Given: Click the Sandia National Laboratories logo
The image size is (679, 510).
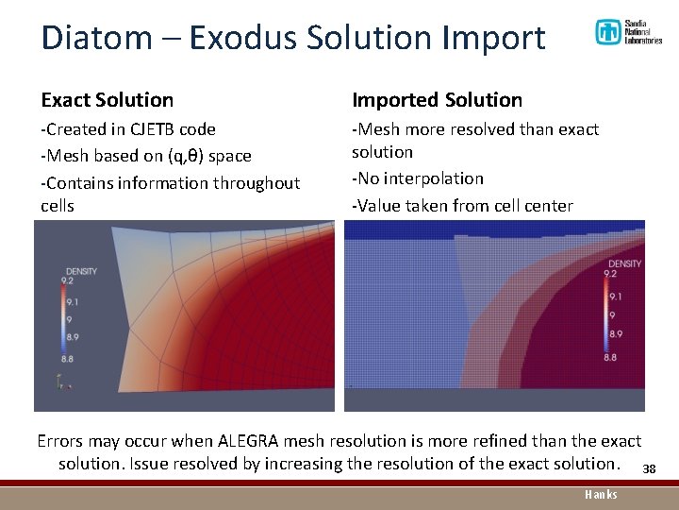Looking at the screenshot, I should coord(628,33).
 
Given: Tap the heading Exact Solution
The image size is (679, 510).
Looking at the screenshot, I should coord(107,100).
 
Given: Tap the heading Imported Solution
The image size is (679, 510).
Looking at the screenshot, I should coord(437,100).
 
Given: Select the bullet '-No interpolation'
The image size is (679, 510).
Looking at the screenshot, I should coord(417,178).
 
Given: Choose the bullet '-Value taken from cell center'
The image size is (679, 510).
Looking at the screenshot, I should coord(461,205).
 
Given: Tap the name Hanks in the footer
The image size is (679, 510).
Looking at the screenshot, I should coord(601,494).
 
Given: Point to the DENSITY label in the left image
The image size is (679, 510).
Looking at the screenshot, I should coord(81,272).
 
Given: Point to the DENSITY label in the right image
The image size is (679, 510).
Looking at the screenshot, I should coord(624,263).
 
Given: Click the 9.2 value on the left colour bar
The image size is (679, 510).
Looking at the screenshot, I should coord(68,281).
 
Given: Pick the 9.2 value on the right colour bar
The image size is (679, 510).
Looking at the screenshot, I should coord(611,273).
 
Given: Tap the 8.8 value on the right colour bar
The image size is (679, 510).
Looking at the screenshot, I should coord(611,357).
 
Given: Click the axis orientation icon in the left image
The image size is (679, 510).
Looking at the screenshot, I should coord(62,383).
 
